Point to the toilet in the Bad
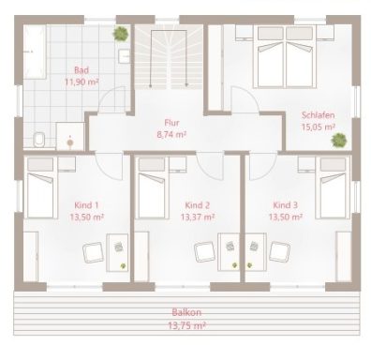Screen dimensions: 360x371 pyautogui.click(x=38, y=140)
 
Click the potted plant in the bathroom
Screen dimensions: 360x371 pyautogui.click(x=120, y=34)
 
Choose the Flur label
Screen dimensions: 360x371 pyautogui.click(x=171, y=123)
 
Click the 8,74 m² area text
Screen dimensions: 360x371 pyautogui.click(x=171, y=134)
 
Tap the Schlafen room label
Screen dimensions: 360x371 pyautogui.click(x=319, y=115)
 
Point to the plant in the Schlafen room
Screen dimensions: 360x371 pyautogui.click(x=338, y=140)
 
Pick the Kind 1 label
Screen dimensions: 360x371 pyautogui.click(x=86, y=205)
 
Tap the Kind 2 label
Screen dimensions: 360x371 pyautogui.click(x=197, y=205)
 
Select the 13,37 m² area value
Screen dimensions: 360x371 pyautogui.click(x=197, y=217)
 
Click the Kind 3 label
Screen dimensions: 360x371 pyautogui.click(x=286, y=205)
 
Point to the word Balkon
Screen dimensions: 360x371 pyautogui.click(x=185, y=312)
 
